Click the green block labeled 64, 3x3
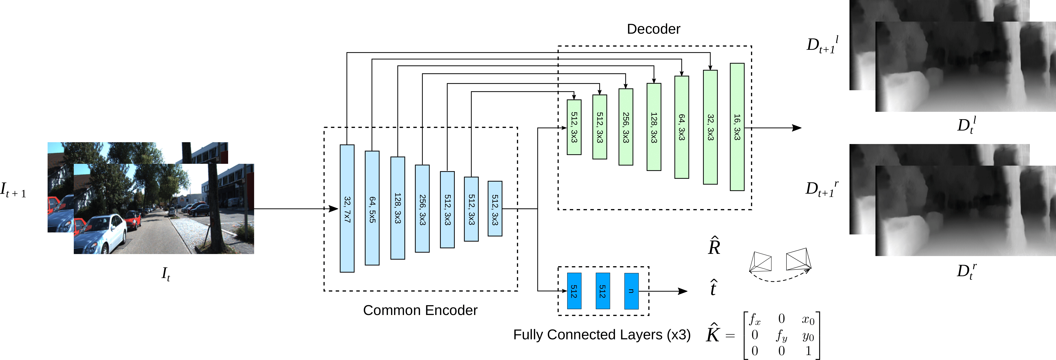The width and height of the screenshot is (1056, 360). coord(682,127)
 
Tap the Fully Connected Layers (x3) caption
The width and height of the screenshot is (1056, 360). coord(602,335)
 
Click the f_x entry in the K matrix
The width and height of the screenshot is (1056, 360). coord(755,319)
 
